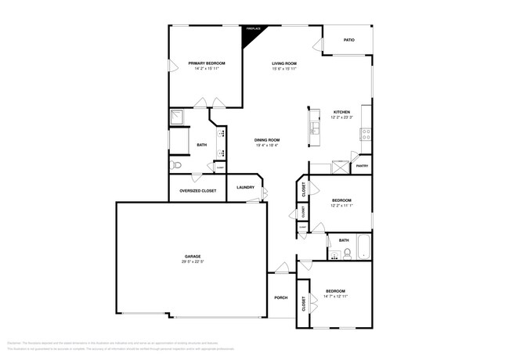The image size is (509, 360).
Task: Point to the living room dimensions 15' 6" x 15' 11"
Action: click(x=283, y=68)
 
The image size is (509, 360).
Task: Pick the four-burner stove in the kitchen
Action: click(x=365, y=134)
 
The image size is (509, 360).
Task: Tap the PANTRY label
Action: click(x=362, y=166)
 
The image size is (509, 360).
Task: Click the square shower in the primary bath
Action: click(x=179, y=118)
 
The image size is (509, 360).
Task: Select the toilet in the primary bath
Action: click(x=178, y=165)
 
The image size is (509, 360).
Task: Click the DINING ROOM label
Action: click(x=267, y=140)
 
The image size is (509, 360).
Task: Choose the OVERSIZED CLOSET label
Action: click(x=197, y=190)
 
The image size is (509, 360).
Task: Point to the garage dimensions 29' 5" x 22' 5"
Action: click(x=193, y=262)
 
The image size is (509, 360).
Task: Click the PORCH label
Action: click(x=280, y=297)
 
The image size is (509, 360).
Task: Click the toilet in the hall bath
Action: click(x=345, y=253)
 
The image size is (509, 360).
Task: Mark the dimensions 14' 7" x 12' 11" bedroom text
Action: click(x=336, y=297)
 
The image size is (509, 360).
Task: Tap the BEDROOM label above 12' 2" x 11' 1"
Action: click(x=341, y=200)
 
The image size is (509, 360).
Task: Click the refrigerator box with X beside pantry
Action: click(x=341, y=166)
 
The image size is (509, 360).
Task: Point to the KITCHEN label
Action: click(x=341, y=112)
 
